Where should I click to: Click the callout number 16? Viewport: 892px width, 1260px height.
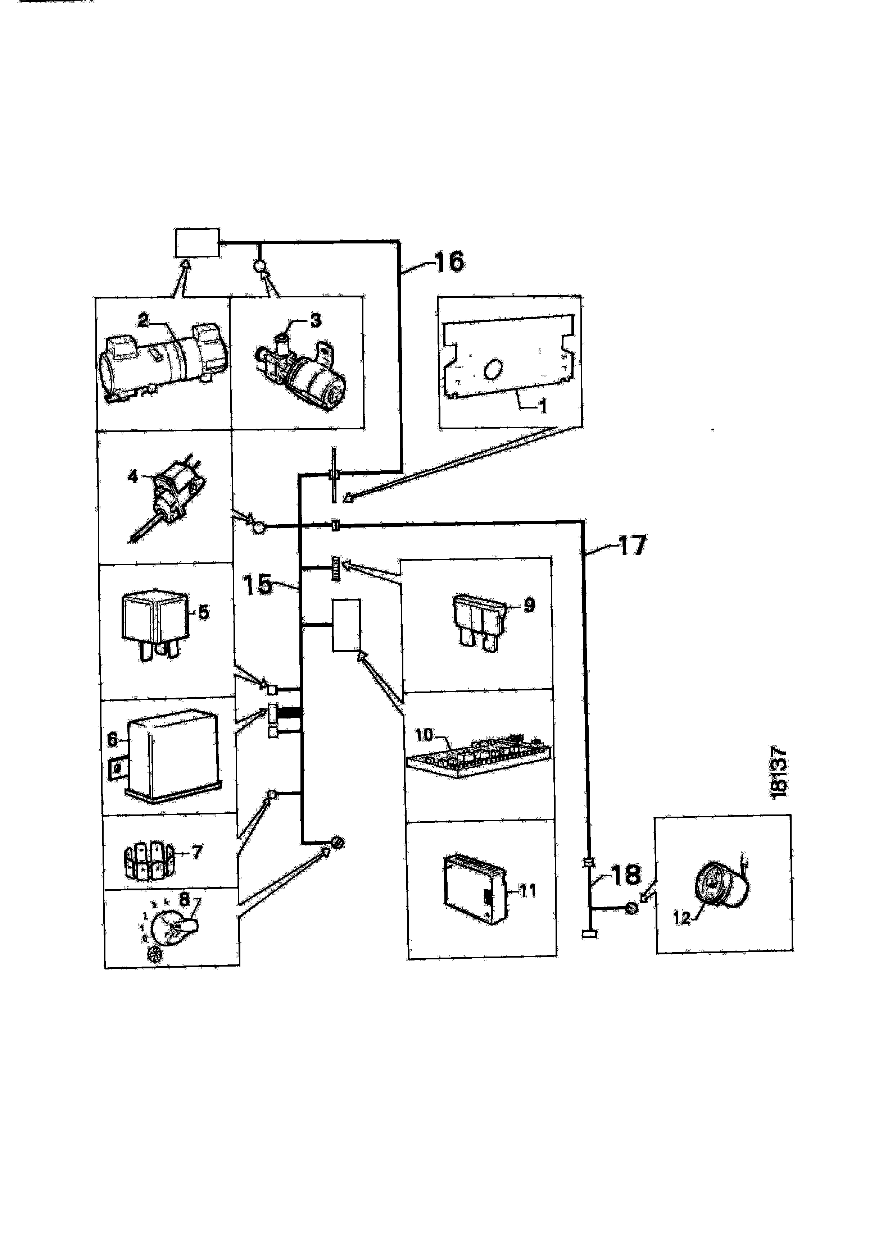tap(449, 262)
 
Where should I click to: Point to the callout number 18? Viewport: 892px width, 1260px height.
tap(626, 874)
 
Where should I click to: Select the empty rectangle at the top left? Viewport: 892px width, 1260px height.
tap(196, 243)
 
